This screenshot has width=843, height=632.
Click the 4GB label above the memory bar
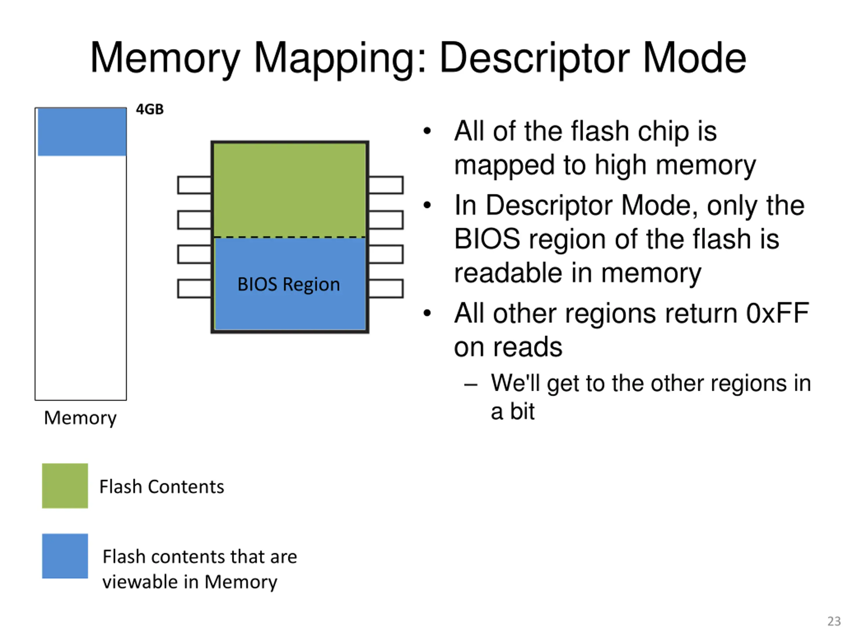click(x=150, y=109)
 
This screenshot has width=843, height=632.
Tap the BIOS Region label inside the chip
click(x=288, y=284)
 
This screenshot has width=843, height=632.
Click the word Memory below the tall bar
click(x=80, y=418)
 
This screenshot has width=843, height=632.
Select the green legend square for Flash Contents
click(x=65, y=486)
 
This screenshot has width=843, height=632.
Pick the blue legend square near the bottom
click(x=65, y=556)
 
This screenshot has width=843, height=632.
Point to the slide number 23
click(x=833, y=621)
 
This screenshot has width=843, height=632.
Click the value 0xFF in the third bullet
click(x=777, y=313)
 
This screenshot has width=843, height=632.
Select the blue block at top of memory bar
click(x=82, y=132)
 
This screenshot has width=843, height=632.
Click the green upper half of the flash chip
click(x=290, y=189)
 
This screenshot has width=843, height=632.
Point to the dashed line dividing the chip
click(x=290, y=237)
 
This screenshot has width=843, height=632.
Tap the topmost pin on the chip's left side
click(x=194, y=185)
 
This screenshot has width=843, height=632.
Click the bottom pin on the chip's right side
click(x=386, y=288)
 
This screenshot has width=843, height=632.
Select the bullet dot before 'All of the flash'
click(x=427, y=131)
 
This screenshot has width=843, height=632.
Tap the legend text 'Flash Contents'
click(x=162, y=487)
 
